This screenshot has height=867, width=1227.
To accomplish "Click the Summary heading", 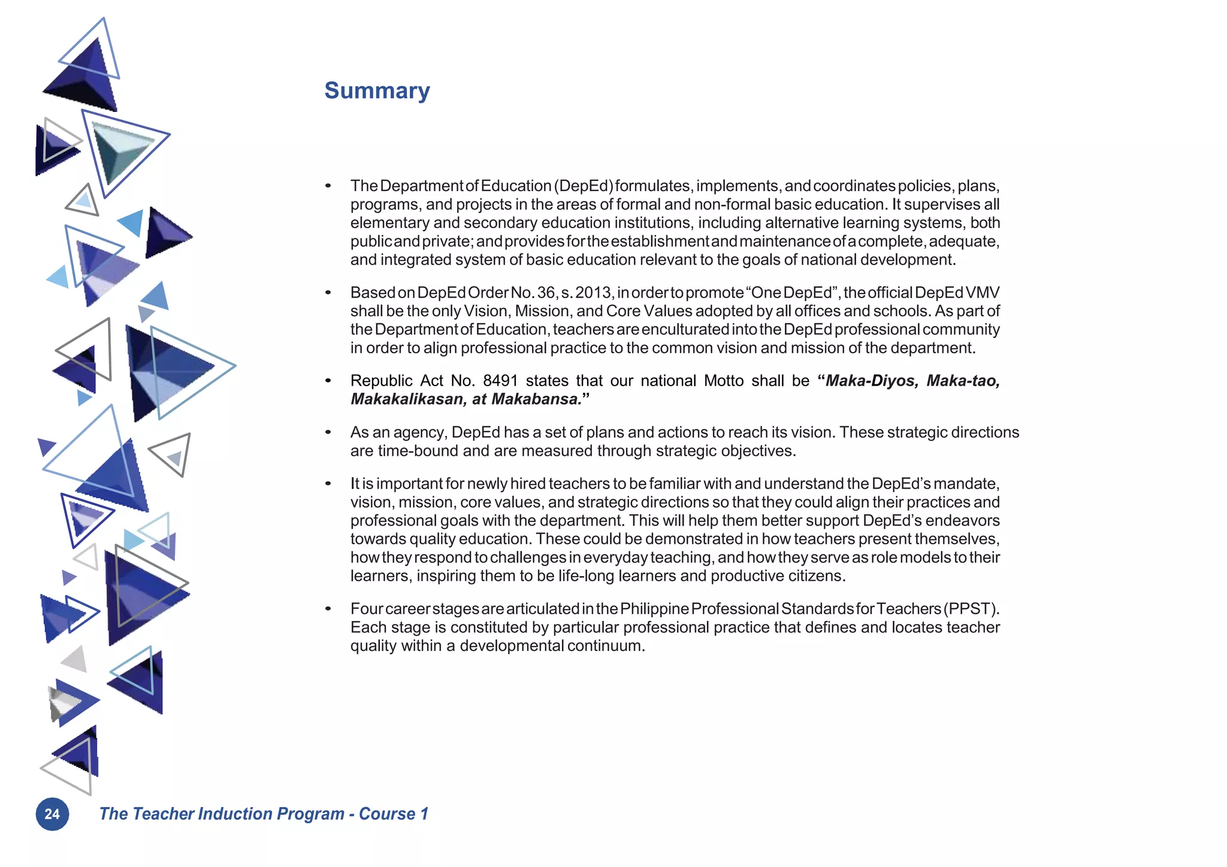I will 377,90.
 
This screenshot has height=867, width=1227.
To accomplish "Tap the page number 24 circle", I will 52,814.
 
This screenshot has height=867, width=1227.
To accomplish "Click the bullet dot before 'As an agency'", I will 328,432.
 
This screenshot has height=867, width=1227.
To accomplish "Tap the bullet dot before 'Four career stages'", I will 328,609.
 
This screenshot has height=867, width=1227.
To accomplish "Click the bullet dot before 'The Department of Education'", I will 328,186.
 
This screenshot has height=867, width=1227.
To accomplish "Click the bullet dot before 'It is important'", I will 328,484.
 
